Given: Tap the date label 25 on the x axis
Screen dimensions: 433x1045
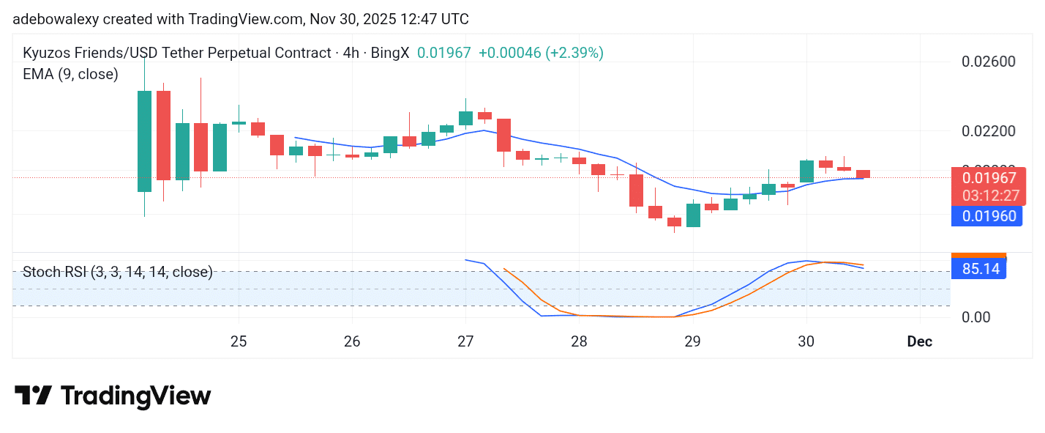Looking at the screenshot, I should (x=239, y=341).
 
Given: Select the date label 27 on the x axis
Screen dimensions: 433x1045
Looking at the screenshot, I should (x=465, y=341).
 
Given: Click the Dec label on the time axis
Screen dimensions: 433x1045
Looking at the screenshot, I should (x=919, y=341).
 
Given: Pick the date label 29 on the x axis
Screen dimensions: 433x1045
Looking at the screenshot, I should (x=693, y=341).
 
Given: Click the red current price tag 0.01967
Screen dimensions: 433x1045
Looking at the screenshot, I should (x=989, y=177).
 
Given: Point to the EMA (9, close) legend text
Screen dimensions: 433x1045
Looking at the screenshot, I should (x=71, y=74).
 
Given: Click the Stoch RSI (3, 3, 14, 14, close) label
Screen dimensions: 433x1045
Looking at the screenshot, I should (x=118, y=273).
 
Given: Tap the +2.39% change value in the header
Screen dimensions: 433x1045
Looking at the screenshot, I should (x=574, y=53).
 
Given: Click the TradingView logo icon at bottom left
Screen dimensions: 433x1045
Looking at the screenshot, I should (x=33, y=396).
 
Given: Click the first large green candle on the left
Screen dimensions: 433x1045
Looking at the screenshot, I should (x=144, y=141).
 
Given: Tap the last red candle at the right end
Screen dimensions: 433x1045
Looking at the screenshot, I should (x=864, y=174).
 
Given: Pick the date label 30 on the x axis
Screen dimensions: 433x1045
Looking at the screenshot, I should (x=806, y=341).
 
